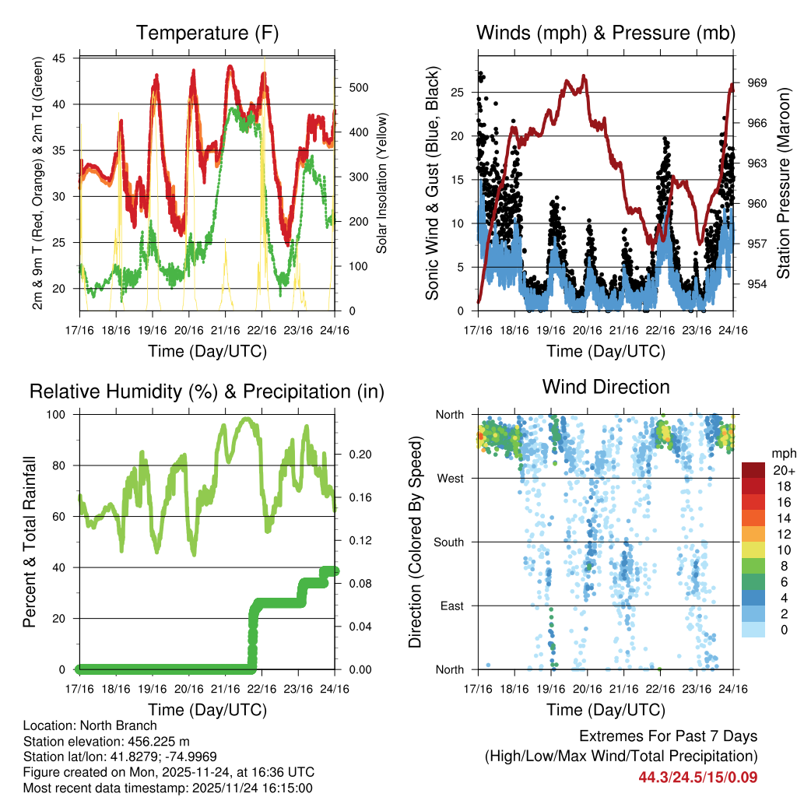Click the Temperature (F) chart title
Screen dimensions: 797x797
coord(207,33)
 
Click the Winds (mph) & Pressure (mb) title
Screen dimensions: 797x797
coord(606,33)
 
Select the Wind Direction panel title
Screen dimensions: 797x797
coord(606,387)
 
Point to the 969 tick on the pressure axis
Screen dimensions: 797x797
coord(756,83)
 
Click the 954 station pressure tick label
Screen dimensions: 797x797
coord(756,284)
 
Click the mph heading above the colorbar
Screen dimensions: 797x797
coord(781,454)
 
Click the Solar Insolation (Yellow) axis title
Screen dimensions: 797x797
coord(382,184)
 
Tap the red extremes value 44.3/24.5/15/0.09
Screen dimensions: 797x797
coord(698,777)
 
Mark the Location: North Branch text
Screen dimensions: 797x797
coord(90,726)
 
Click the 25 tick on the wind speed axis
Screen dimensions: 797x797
coord(459,93)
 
